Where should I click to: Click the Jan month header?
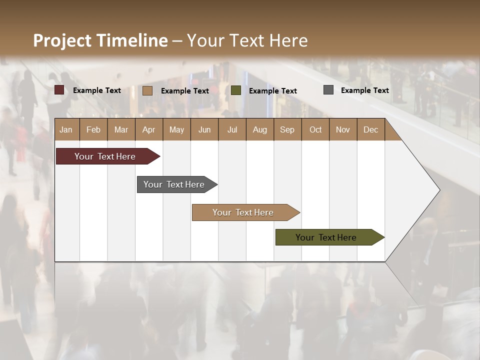coord(66,129)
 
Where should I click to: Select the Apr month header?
coord(148,129)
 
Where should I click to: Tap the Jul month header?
coord(232,129)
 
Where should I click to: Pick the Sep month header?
coord(287,129)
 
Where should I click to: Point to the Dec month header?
coord(370,129)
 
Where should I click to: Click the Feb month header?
coord(93,129)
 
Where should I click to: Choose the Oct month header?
coord(315,129)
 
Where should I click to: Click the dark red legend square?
coord(59,90)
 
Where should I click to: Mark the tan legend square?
coord(147,90)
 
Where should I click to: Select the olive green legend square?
coord(236,90)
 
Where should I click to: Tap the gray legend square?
coord(328,90)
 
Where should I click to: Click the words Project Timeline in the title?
coord(100,40)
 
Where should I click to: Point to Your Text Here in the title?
coord(247,40)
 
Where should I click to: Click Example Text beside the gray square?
coord(364,90)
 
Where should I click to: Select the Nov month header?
coord(343,129)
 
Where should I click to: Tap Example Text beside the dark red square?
coord(97,90)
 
